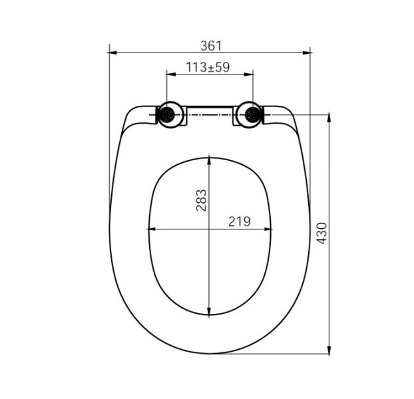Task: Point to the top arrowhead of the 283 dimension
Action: (x=210, y=160)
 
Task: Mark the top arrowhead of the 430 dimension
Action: (x=329, y=118)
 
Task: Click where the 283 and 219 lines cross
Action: (x=210, y=229)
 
